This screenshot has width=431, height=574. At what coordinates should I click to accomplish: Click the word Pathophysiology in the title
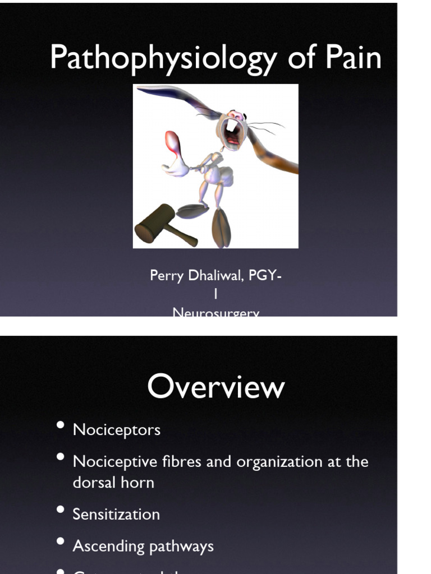tap(162, 58)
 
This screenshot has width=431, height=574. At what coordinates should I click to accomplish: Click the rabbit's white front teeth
tap(232, 127)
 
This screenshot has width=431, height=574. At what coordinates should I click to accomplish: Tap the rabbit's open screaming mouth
tap(232, 133)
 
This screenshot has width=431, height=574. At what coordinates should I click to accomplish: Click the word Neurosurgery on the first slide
tap(216, 313)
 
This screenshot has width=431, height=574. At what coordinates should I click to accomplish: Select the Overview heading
tap(216, 387)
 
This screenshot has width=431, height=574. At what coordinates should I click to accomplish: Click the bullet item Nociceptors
tap(117, 430)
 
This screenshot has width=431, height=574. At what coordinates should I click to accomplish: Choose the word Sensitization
tap(116, 514)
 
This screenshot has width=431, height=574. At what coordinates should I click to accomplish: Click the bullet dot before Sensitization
tap(61, 511)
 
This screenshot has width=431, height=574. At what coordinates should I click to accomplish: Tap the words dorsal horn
tap(113, 482)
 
